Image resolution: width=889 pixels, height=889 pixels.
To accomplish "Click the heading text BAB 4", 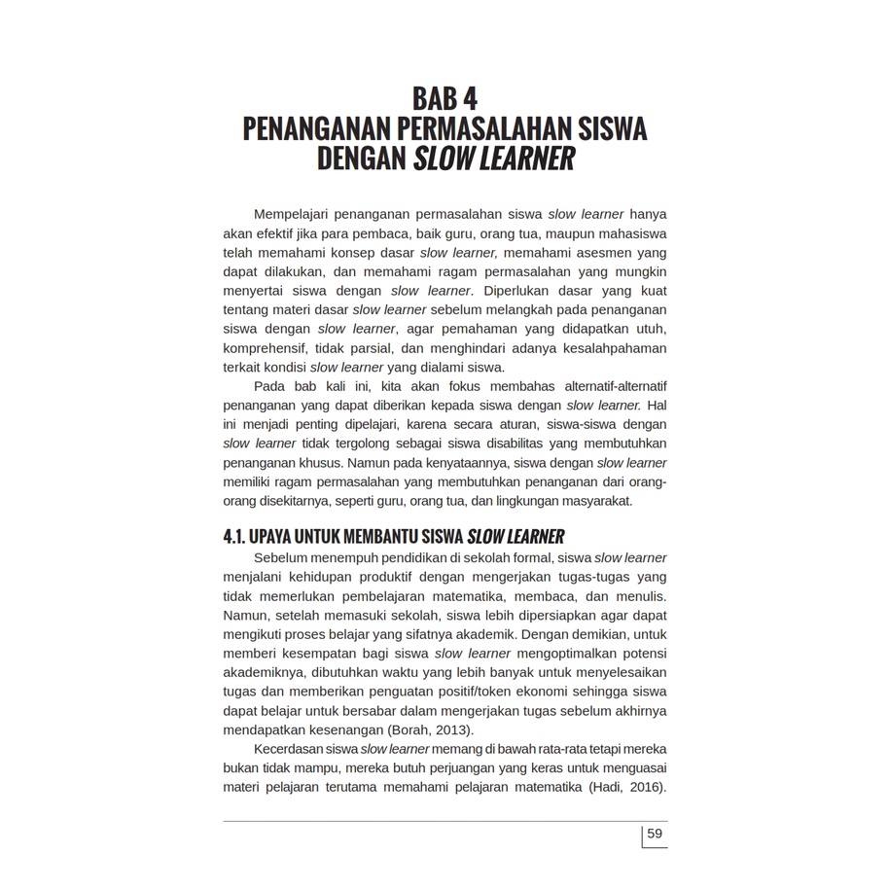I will point(444,99).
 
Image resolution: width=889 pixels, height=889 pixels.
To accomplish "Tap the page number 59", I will point(655,834).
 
